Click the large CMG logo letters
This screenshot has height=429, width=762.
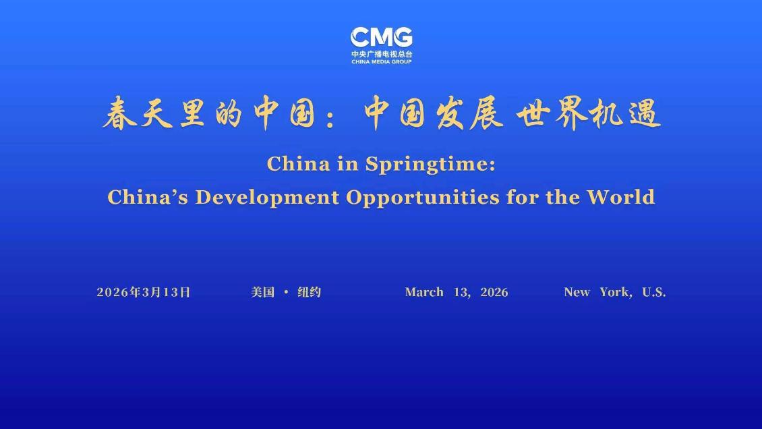(x=382, y=37)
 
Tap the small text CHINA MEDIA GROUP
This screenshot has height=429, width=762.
(x=382, y=61)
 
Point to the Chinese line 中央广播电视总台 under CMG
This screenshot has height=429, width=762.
(x=382, y=54)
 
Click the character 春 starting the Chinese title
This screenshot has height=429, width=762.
(x=120, y=113)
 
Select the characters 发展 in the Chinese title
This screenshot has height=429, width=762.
(x=469, y=113)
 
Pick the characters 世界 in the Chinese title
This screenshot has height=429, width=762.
(x=552, y=113)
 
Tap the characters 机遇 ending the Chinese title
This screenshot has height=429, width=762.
(x=625, y=113)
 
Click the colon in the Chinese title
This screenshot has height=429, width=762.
(x=331, y=117)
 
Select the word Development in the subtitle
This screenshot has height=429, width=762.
(x=267, y=197)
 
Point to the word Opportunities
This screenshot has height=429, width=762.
(x=423, y=198)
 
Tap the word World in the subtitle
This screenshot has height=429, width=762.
(x=621, y=197)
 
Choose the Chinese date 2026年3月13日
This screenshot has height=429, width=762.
(x=144, y=292)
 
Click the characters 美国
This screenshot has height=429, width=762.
(x=263, y=292)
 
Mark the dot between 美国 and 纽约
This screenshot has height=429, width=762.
(x=286, y=292)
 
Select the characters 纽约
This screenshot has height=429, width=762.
(x=309, y=292)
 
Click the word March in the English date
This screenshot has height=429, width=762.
(x=424, y=292)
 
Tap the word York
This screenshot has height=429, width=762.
(x=614, y=292)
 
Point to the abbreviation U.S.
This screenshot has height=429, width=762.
(x=654, y=292)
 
